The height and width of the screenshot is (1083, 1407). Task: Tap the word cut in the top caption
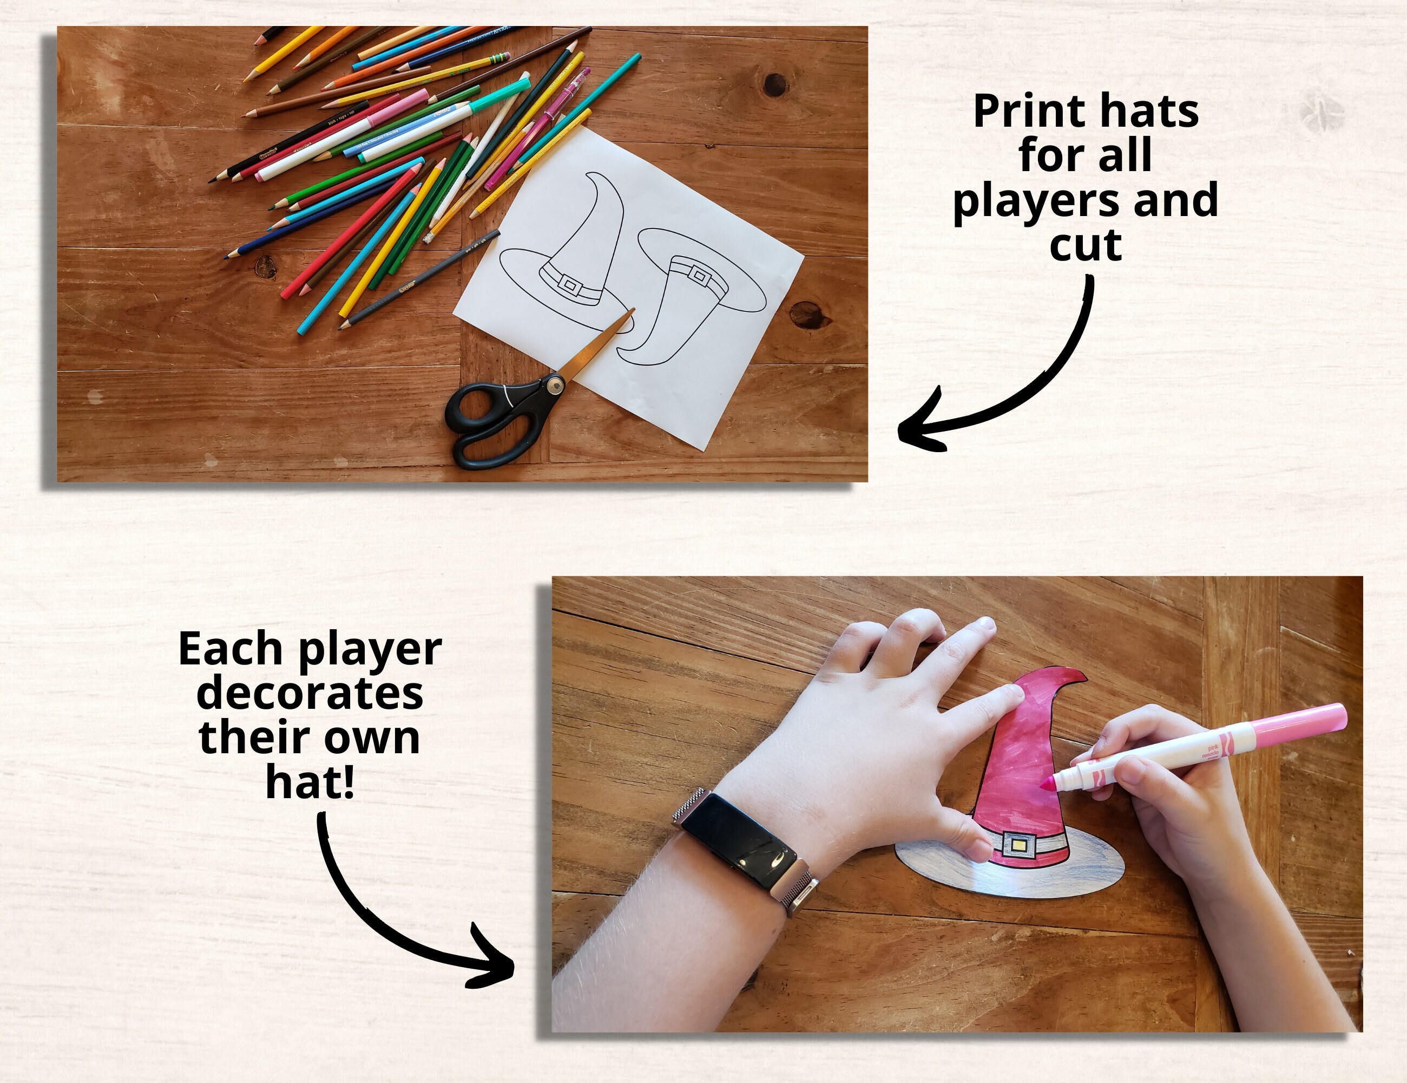(1086, 245)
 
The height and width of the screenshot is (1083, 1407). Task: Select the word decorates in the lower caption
(310, 694)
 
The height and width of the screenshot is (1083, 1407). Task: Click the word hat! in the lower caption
(310, 782)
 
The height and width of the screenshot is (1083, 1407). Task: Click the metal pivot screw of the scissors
(555, 385)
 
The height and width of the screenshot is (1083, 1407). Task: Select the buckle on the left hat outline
(569, 284)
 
